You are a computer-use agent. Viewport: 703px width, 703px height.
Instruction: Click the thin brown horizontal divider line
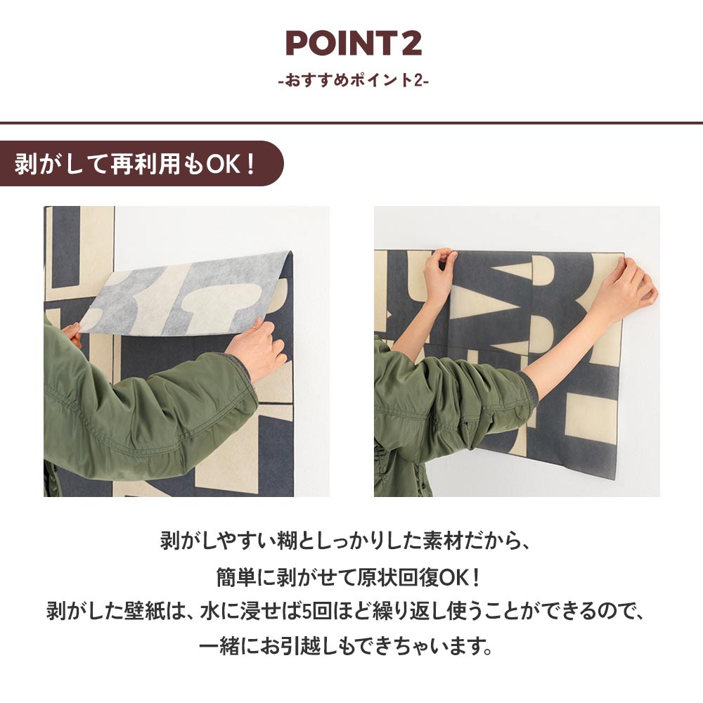point(351,123)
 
